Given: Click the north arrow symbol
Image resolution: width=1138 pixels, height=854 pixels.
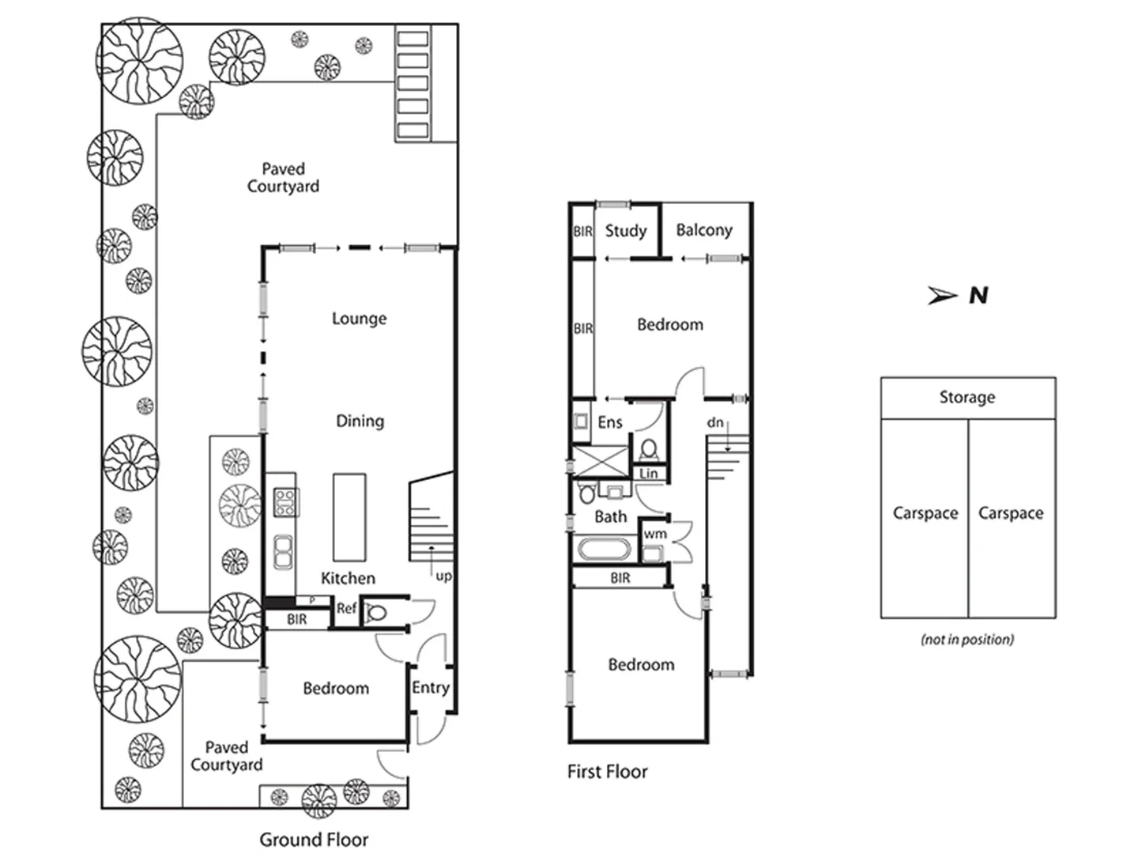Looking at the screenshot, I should click(x=943, y=296).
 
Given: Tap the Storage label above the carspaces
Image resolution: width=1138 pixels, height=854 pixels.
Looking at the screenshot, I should click(x=967, y=397).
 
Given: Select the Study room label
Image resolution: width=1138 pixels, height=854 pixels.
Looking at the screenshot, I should click(x=625, y=231).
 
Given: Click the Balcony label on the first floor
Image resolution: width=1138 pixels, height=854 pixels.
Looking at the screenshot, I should click(x=703, y=230).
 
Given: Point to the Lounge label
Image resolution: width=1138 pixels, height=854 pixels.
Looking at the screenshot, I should click(x=359, y=319).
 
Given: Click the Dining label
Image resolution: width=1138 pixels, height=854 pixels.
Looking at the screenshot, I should click(x=360, y=421).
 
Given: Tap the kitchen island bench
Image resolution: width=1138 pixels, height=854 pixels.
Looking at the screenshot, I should click(x=349, y=517).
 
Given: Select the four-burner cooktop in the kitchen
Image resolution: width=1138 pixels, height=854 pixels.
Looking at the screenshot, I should click(x=284, y=502).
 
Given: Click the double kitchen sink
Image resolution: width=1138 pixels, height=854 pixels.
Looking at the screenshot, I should click(x=283, y=551).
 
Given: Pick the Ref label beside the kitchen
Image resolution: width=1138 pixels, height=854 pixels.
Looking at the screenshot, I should click(x=346, y=609).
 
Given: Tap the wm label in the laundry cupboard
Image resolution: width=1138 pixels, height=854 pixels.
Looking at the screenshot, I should click(x=654, y=535).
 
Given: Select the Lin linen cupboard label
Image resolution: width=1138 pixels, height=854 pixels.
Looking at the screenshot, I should click(x=648, y=474).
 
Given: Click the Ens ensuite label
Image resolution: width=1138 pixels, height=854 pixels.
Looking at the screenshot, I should click(x=609, y=422).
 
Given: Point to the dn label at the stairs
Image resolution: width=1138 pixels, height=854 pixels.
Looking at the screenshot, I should click(x=714, y=423).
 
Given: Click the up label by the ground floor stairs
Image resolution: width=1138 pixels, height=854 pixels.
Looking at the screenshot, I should click(x=443, y=576).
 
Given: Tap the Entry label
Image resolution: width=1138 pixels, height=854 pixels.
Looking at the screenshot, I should click(x=430, y=688).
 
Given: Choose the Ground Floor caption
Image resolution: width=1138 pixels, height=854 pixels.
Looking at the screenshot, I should click(x=314, y=840).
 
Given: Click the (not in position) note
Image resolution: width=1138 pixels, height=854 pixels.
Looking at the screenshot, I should click(x=967, y=639).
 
